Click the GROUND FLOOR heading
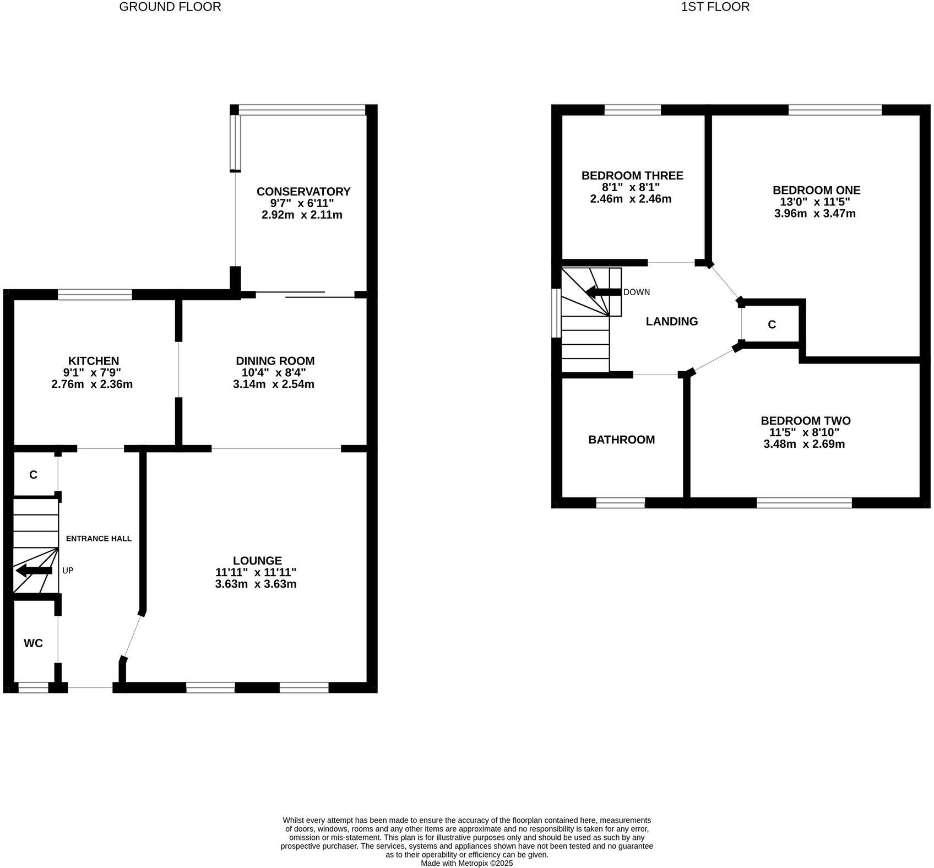pyautogui.click(x=170, y=7)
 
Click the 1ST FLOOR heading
pyautogui.click(x=715, y=7)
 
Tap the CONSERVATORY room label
pyautogui.click(x=303, y=192)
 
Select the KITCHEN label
pyautogui.click(x=93, y=361)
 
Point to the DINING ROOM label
pyautogui.click(x=275, y=361)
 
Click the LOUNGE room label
pyautogui.click(x=257, y=561)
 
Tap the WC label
pyautogui.click(x=33, y=643)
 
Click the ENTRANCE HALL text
pyautogui.click(x=99, y=539)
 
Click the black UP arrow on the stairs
pyautogui.click(x=34, y=571)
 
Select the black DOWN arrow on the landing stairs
pyautogui.click(x=602, y=292)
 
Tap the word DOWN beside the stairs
pyautogui.click(x=637, y=292)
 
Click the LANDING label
pyautogui.click(x=671, y=322)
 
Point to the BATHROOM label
pyautogui.click(x=621, y=440)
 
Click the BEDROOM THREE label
pyautogui.click(x=632, y=176)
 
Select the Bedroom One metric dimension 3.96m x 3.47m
pyautogui.click(x=814, y=214)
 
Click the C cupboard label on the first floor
pyautogui.click(x=772, y=325)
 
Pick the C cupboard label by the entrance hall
pyautogui.click(x=33, y=475)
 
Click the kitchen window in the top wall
pyautogui.click(x=95, y=295)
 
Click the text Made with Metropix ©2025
pyautogui.click(x=466, y=864)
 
